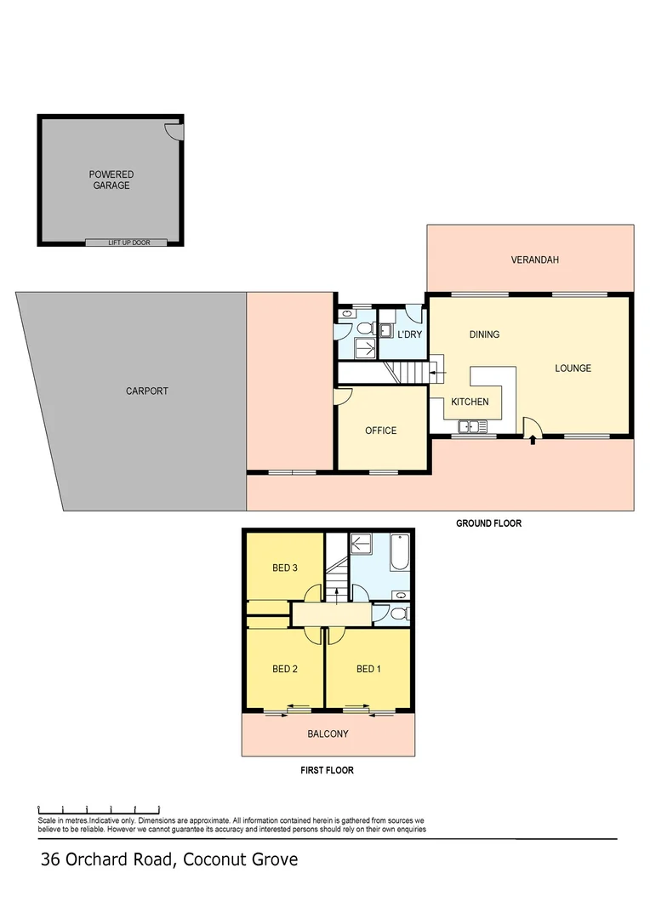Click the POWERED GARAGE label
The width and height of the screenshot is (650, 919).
[111, 180]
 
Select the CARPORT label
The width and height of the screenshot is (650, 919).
[147, 391]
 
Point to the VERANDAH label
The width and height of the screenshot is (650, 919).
[534, 260]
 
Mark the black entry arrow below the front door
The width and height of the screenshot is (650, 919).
[533, 440]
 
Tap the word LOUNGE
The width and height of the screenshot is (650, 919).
[573, 368]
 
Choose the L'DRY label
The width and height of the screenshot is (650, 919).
[410, 334]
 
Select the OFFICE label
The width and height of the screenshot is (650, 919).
[380, 431]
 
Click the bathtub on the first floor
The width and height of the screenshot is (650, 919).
[401, 554]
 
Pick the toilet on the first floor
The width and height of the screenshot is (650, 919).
[400, 613]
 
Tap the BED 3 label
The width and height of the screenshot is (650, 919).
[284, 568]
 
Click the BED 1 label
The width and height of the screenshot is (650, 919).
[368, 669]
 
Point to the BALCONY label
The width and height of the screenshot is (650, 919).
[328, 733]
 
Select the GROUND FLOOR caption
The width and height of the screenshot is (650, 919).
[488, 523]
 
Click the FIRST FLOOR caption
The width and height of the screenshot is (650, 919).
[327, 770]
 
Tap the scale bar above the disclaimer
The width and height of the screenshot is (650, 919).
[100, 808]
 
